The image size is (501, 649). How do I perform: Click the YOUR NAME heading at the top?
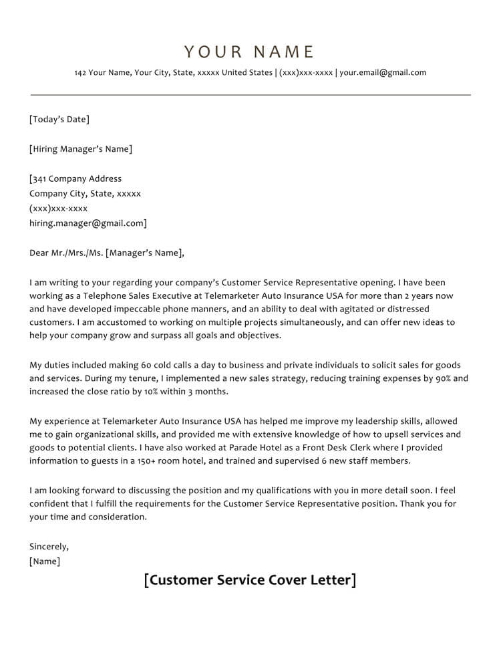click(249, 52)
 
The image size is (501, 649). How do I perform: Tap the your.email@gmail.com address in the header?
click(383, 73)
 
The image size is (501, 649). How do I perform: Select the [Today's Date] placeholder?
click(59, 120)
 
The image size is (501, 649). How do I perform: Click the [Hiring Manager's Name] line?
click(81, 149)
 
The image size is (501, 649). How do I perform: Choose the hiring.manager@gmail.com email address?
click(87, 223)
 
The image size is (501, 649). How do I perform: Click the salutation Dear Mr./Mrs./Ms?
click(66, 253)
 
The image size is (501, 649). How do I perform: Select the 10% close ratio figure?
click(153, 391)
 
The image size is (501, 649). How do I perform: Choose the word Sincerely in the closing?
click(49, 546)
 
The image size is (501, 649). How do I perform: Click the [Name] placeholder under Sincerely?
click(45, 561)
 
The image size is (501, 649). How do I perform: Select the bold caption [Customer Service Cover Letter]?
click(250, 579)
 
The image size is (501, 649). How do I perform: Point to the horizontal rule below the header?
click(251, 95)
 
